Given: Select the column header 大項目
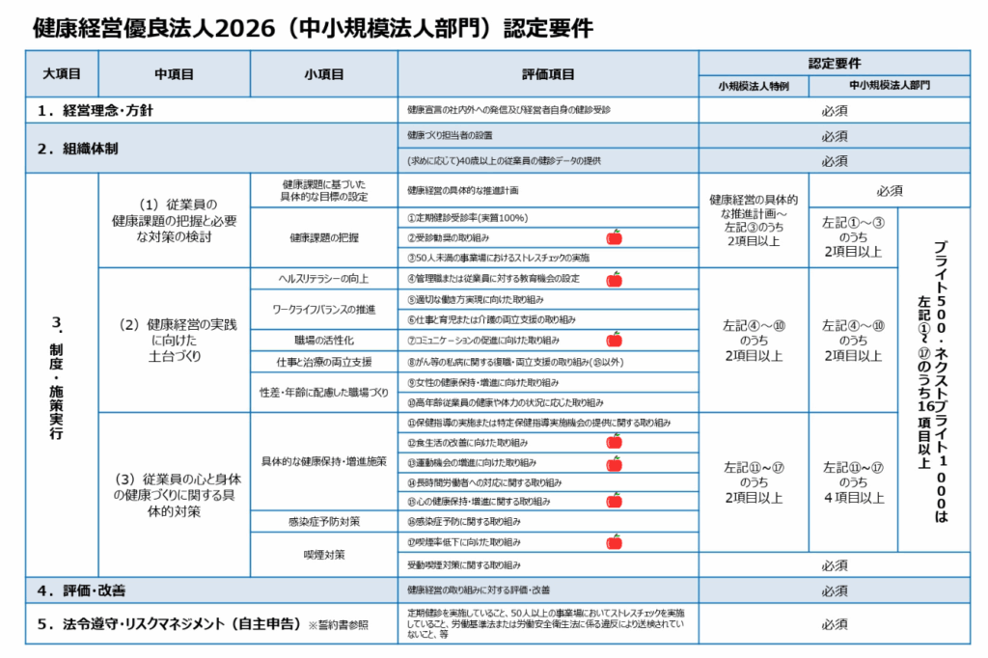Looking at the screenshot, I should pyautogui.click(x=62, y=73).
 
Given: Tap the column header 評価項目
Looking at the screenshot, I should pyautogui.click(x=548, y=73).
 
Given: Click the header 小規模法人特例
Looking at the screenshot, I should pyautogui.click(x=753, y=86).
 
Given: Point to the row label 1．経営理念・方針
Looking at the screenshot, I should pyautogui.click(x=96, y=110).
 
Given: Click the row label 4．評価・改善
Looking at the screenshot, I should pyautogui.click(x=81, y=589).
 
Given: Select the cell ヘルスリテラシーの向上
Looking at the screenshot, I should pyautogui.click(x=323, y=279).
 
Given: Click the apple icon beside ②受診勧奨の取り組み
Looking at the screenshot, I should pyautogui.click(x=614, y=237).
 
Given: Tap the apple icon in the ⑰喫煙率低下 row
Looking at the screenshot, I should pyautogui.click(x=614, y=542).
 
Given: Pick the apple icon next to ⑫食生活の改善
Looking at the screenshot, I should pyautogui.click(x=614, y=441).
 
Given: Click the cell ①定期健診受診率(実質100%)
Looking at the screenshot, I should pyautogui.click(x=467, y=218).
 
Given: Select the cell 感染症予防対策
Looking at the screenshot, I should pyautogui.click(x=323, y=522).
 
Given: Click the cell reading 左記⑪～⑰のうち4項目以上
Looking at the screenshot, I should pyautogui.click(x=852, y=481).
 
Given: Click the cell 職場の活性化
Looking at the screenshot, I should pyautogui.click(x=323, y=340).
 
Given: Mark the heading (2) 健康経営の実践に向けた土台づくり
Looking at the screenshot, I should pyautogui.click(x=175, y=340).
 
